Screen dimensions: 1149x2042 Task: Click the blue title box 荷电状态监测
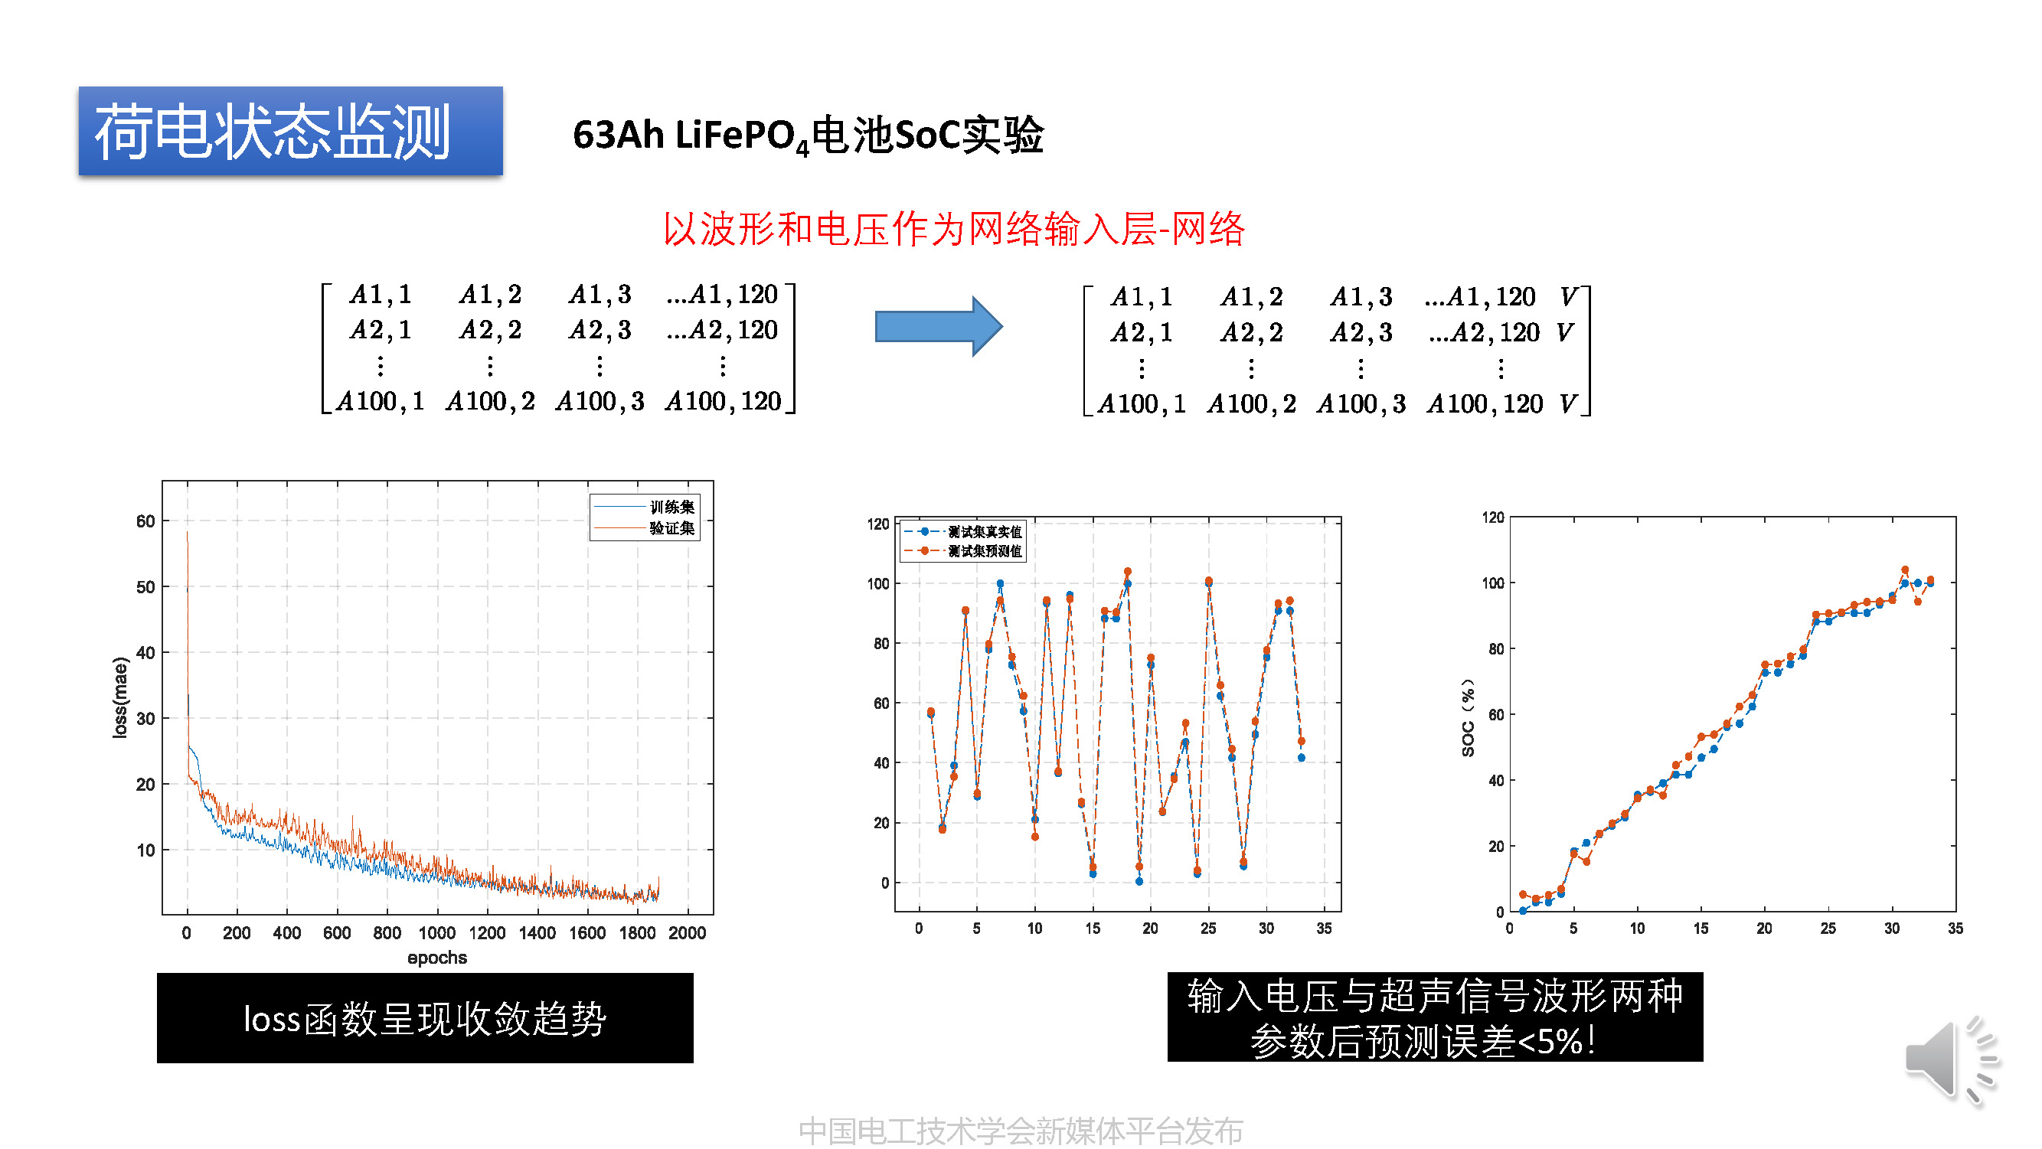coord(290,131)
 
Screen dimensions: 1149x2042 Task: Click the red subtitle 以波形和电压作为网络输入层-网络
coord(952,229)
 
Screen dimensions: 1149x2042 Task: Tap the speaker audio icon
coord(1951,1059)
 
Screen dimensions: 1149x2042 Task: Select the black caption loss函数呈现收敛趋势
coord(425,1018)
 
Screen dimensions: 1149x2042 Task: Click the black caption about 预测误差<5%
coord(1434,1017)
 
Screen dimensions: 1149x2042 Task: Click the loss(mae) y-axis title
coord(119,697)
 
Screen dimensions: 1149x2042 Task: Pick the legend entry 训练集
coord(671,506)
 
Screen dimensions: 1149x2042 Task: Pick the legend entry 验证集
coord(671,527)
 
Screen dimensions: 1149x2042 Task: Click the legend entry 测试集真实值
coord(984,532)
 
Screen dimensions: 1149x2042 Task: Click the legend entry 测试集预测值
coord(984,550)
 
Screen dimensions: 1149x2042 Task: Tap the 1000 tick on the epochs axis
coord(436,932)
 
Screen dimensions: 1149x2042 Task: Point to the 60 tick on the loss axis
coord(145,521)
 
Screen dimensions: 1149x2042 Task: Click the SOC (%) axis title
coord(1467,717)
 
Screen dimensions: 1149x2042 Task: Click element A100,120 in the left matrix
coord(723,401)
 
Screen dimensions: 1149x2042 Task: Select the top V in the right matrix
coord(1567,296)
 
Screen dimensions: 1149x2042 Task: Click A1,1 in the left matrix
coord(381,295)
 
